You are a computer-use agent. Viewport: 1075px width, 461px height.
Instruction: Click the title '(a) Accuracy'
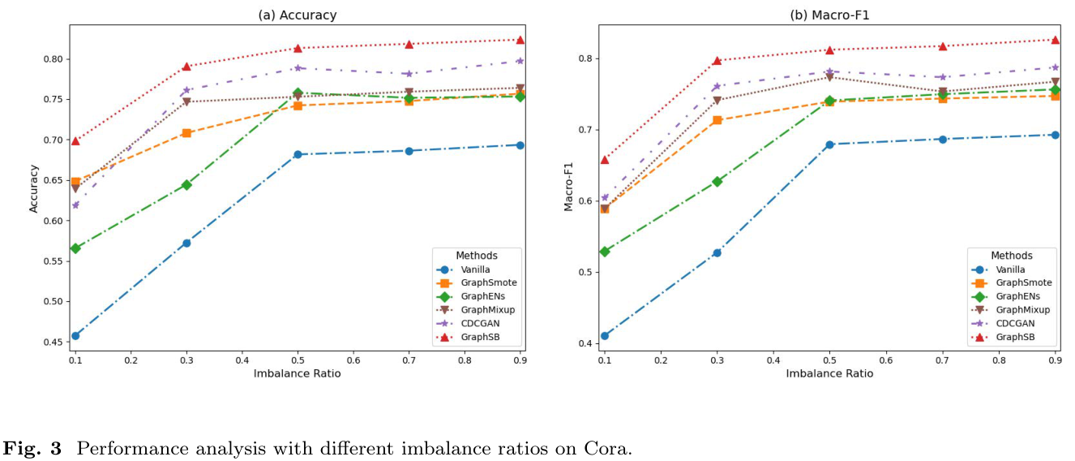pos(297,15)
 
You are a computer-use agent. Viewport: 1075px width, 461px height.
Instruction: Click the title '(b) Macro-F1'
pos(829,15)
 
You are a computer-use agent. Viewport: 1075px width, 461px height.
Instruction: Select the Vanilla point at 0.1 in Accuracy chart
pos(75,335)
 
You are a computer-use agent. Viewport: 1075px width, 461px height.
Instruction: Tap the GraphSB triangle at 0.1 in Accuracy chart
pos(75,141)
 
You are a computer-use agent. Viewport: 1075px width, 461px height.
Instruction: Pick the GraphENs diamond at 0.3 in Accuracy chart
pos(186,185)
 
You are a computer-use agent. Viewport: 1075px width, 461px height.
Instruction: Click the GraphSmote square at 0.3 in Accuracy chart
pos(186,133)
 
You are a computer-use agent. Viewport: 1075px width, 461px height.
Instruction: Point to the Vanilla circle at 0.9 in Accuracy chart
pos(520,145)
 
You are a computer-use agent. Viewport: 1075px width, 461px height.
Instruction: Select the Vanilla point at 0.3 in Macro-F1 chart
pos(717,252)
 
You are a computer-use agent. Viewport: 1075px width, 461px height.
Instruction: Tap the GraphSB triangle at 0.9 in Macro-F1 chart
pos(1055,40)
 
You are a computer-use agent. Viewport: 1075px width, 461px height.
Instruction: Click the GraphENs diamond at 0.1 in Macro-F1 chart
pos(605,252)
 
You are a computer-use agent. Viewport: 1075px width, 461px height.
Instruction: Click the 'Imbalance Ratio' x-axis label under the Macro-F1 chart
pos(829,373)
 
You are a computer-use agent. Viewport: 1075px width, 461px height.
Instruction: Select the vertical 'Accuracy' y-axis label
pos(34,188)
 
